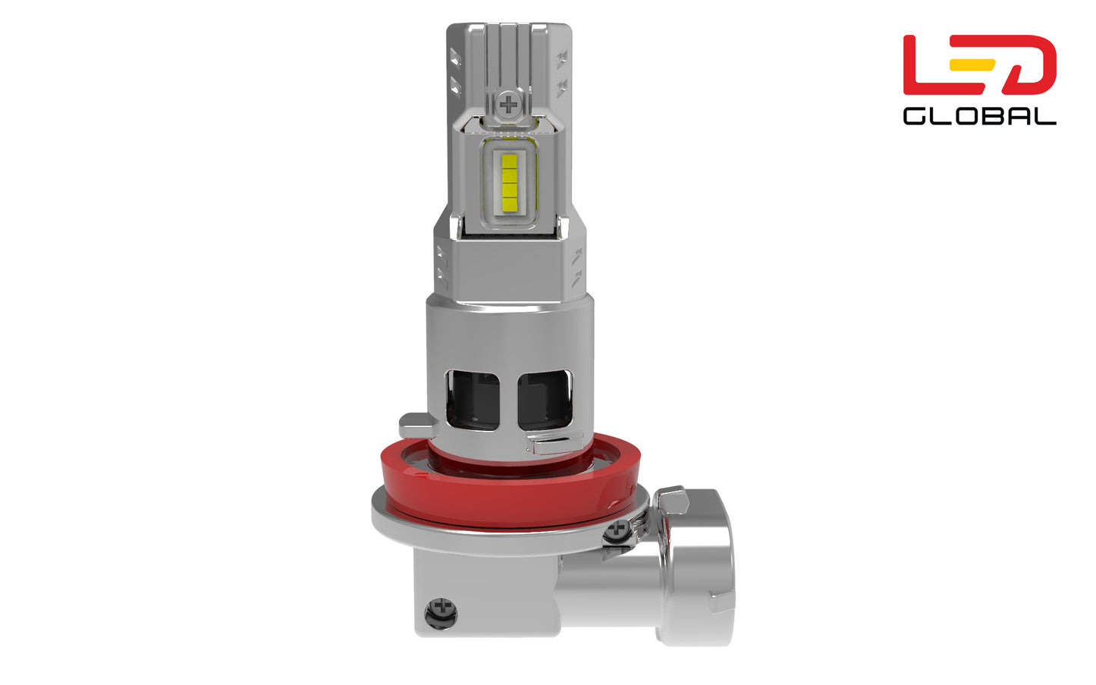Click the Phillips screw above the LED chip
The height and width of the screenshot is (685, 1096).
click(x=508, y=104)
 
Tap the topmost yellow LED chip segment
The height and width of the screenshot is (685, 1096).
click(x=509, y=162)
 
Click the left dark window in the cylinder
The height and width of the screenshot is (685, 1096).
click(x=473, y=400)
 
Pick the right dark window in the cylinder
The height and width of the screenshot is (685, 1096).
click(x=545, y=400)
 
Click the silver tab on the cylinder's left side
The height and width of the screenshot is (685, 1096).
click(x=417, y=426)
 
